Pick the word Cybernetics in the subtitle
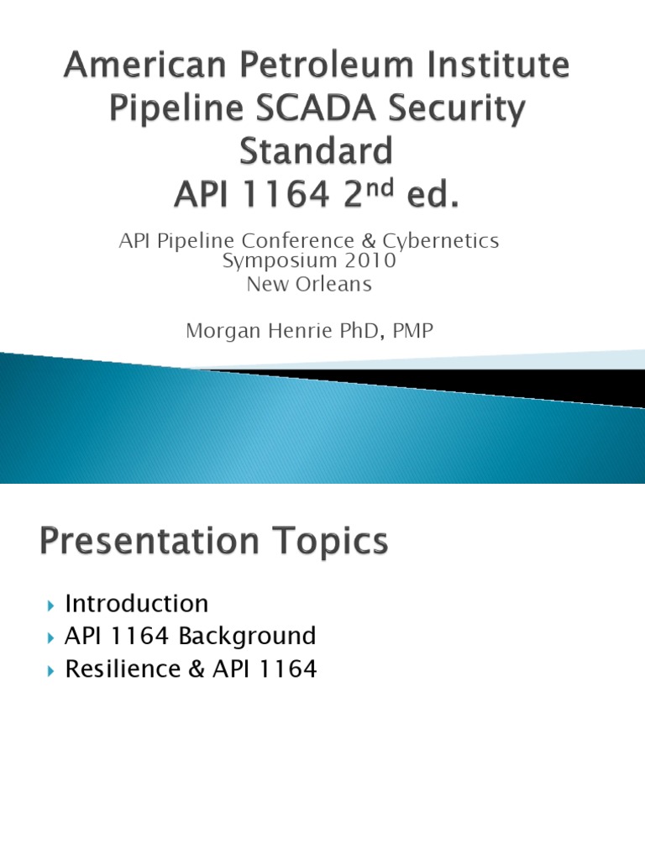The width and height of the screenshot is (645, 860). point(443,241)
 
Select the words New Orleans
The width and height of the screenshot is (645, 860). point(309,283)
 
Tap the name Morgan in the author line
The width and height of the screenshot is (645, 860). point(218,331)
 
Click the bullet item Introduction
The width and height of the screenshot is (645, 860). point(136,603)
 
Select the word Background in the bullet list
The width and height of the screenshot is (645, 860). point(247,636)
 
